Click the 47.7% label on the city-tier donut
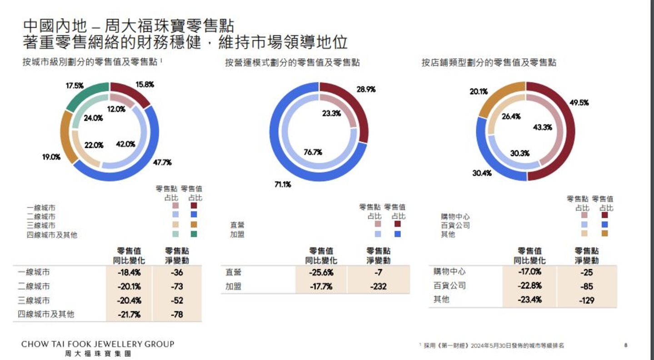point(162,163)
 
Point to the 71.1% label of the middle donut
point(282,185)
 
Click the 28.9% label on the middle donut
point(366,90)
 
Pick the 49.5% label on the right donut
point(579,103)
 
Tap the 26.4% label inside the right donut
point(511,116)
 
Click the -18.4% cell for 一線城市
point(129,273)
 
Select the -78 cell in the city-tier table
point(177,314)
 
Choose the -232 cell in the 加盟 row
point(378,286)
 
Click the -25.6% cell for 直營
point(321,273)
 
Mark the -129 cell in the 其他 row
point(587,300)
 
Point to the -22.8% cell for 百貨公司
point(529,286)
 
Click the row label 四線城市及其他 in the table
point(46,314)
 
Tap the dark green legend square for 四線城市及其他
point(194,234)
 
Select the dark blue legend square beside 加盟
point(398,234)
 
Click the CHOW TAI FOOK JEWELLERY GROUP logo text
point(98,345)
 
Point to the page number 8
point(626,345)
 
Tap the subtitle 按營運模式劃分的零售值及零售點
point(292,63)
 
